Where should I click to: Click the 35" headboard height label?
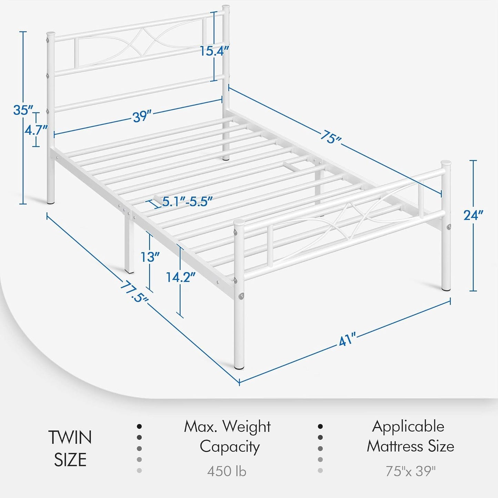tap(23, 110)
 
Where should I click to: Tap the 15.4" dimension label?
tap(214, 51)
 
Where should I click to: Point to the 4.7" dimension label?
tap(35, 130)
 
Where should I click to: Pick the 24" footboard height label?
tap(473, 215)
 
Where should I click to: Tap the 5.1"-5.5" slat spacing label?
tap(187, 202)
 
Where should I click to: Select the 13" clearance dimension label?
tap(150, 257)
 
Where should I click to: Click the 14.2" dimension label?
tap(181, 277)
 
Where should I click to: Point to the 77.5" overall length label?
tap(134, 292)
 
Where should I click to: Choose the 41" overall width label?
tap(347, 339)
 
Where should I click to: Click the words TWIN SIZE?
tap(70, 448)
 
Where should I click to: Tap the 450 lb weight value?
tap(227, 471)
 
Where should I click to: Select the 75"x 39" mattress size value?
tap(410, 471)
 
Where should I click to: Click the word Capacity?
tap(230, 447)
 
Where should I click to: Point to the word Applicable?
tap(408, 427)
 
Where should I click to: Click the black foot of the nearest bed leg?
tap(239, 367)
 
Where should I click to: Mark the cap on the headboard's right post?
tap(226, 7)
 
